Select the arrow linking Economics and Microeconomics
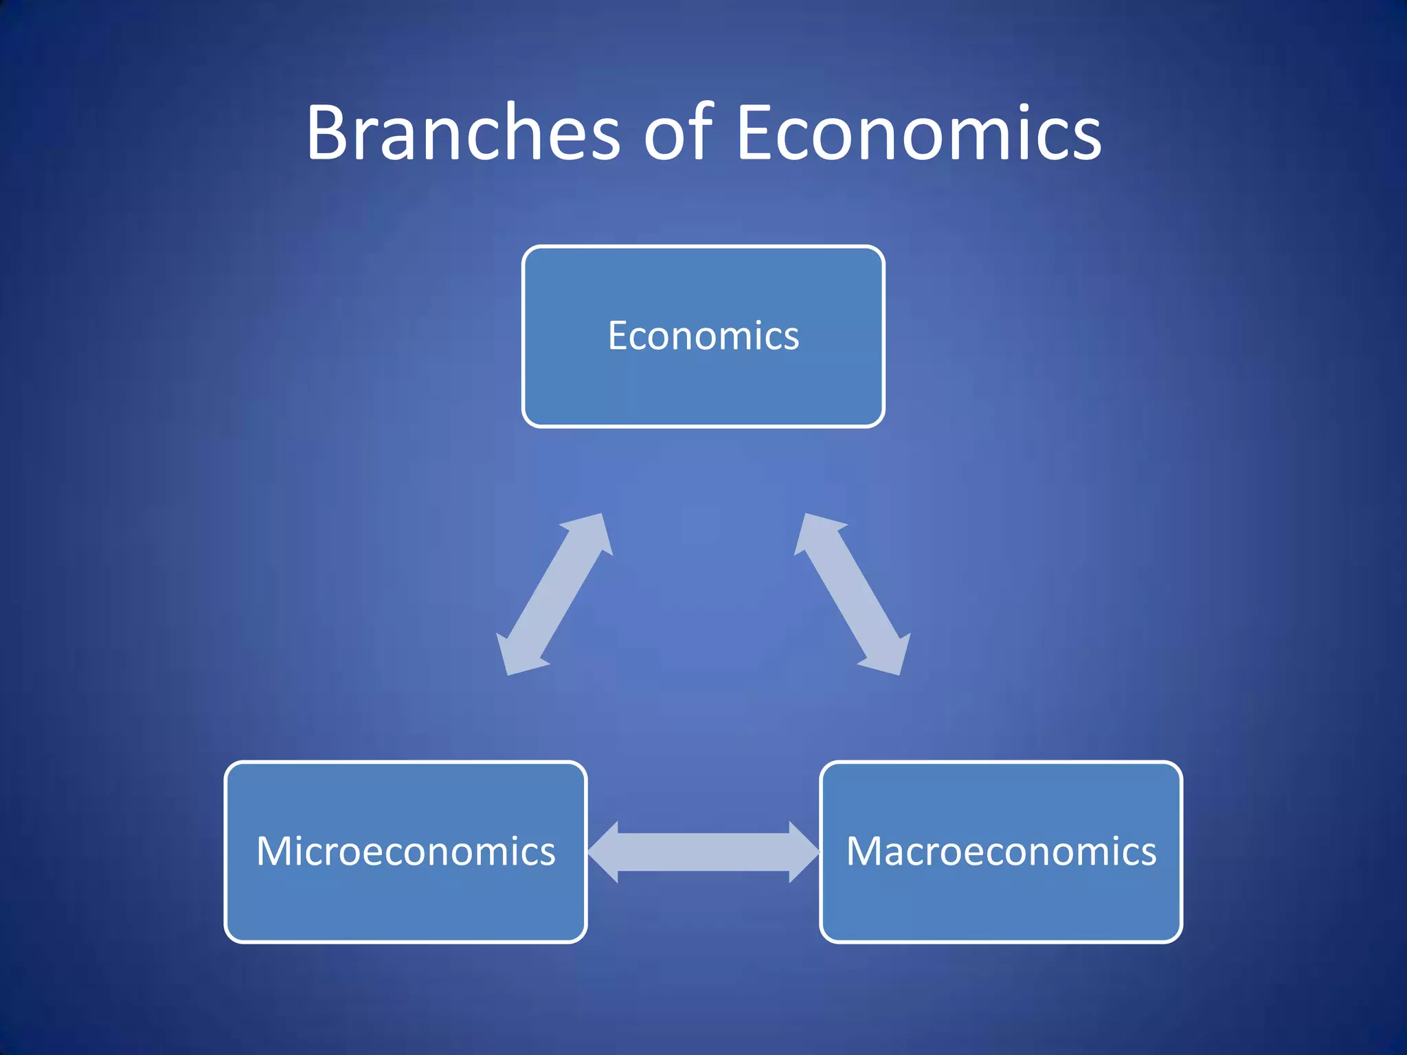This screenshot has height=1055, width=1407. point(554,594)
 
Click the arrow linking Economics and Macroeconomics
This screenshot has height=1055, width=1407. point(853,594)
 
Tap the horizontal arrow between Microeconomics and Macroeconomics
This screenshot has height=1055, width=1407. point(703,852)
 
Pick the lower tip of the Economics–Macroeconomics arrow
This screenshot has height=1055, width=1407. point(897,669)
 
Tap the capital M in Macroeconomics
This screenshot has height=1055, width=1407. point(868,852)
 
